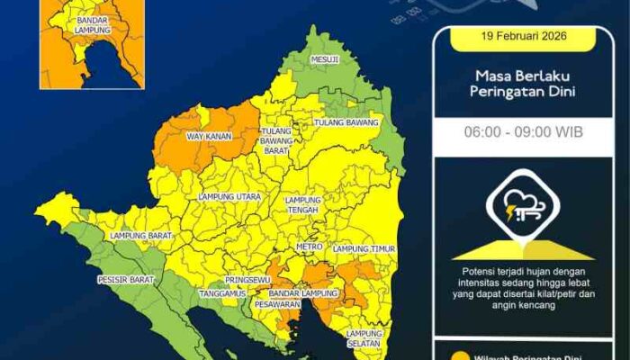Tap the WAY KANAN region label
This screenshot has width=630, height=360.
[209, 137]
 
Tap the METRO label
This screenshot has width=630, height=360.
[309, 247]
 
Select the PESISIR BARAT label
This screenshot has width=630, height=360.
[125, 280]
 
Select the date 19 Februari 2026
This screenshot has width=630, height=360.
[524, 39]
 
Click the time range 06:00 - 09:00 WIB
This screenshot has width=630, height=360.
[524, 132]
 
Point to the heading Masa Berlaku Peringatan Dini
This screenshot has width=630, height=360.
[524, 83]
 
